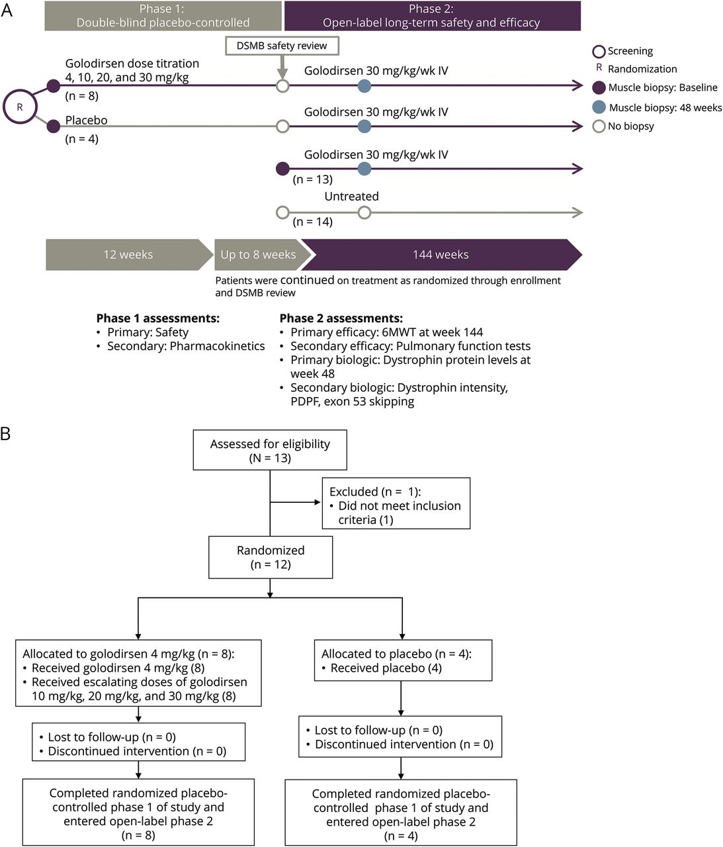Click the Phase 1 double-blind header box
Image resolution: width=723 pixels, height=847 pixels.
[x=163, y=16]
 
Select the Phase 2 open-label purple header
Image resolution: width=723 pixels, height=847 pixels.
[x=432, y=16]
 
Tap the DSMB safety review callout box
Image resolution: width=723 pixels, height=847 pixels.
[x=282, y=46]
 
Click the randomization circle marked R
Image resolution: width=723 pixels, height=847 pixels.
[x=19, y=107]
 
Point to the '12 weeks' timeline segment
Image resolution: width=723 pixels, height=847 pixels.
[x=128, y=255]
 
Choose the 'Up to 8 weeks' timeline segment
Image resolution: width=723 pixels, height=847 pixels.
[x=258, y=255]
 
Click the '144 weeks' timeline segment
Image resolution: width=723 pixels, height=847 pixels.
[x=441, y=255]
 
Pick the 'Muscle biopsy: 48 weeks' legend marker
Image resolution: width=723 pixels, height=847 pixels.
[x=599, y=107]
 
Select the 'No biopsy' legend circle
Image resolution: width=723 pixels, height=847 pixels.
[x=599, y=126]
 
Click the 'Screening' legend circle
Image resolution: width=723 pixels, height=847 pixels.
[x=599, y=51]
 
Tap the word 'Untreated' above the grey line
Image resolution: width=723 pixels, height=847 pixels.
[x=351, y=197]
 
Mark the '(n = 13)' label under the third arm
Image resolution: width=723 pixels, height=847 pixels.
[x=313, y=179]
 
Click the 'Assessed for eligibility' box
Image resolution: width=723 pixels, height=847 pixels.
[x=270, y=451]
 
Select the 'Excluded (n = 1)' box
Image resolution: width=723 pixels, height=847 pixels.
[x=396, y=504]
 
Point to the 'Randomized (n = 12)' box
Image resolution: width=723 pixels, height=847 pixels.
[x=271, y=557]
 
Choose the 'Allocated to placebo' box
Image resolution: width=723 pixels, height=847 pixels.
[x=402, y=660]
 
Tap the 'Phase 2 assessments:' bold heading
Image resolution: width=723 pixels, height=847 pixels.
[x=341, y=318]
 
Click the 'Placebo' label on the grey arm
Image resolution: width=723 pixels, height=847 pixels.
[x=86, y=120]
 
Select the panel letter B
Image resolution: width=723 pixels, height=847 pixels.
[x=6, y=435]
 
